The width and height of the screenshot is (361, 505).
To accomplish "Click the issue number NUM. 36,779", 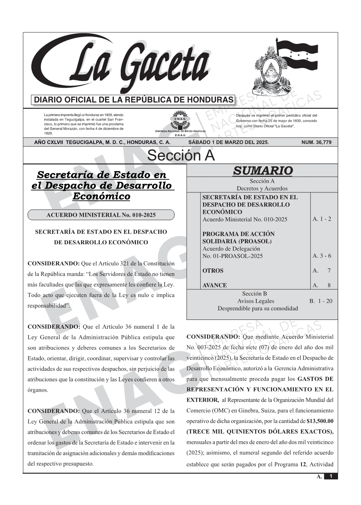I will (316, 142).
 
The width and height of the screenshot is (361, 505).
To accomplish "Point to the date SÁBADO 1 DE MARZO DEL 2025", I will (228, 142).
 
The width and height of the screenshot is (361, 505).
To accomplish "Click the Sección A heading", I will (181, 156).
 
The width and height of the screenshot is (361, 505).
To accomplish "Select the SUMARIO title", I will (262, 171).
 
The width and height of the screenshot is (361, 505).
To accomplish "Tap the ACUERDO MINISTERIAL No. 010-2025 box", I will (101, 215).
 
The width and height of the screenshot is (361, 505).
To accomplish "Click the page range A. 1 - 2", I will (322, 219).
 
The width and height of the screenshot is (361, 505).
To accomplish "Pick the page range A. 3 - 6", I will (322, 256).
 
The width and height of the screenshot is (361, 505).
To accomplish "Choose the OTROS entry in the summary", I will (213, 271).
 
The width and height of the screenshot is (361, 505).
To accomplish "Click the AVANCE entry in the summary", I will (214, 285).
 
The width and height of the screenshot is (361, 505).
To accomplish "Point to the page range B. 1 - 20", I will (321, 301).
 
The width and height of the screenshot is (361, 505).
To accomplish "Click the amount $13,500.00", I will (320, 421).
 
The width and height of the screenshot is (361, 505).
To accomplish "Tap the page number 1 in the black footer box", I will (330, 476).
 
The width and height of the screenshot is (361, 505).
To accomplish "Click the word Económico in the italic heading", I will (101, 197).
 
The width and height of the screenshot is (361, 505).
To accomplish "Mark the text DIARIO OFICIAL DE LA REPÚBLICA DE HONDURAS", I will (134, 100).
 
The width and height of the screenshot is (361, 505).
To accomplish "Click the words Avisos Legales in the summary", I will (256, 301).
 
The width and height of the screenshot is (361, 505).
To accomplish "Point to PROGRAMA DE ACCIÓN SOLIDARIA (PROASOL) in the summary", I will (238, 237).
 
